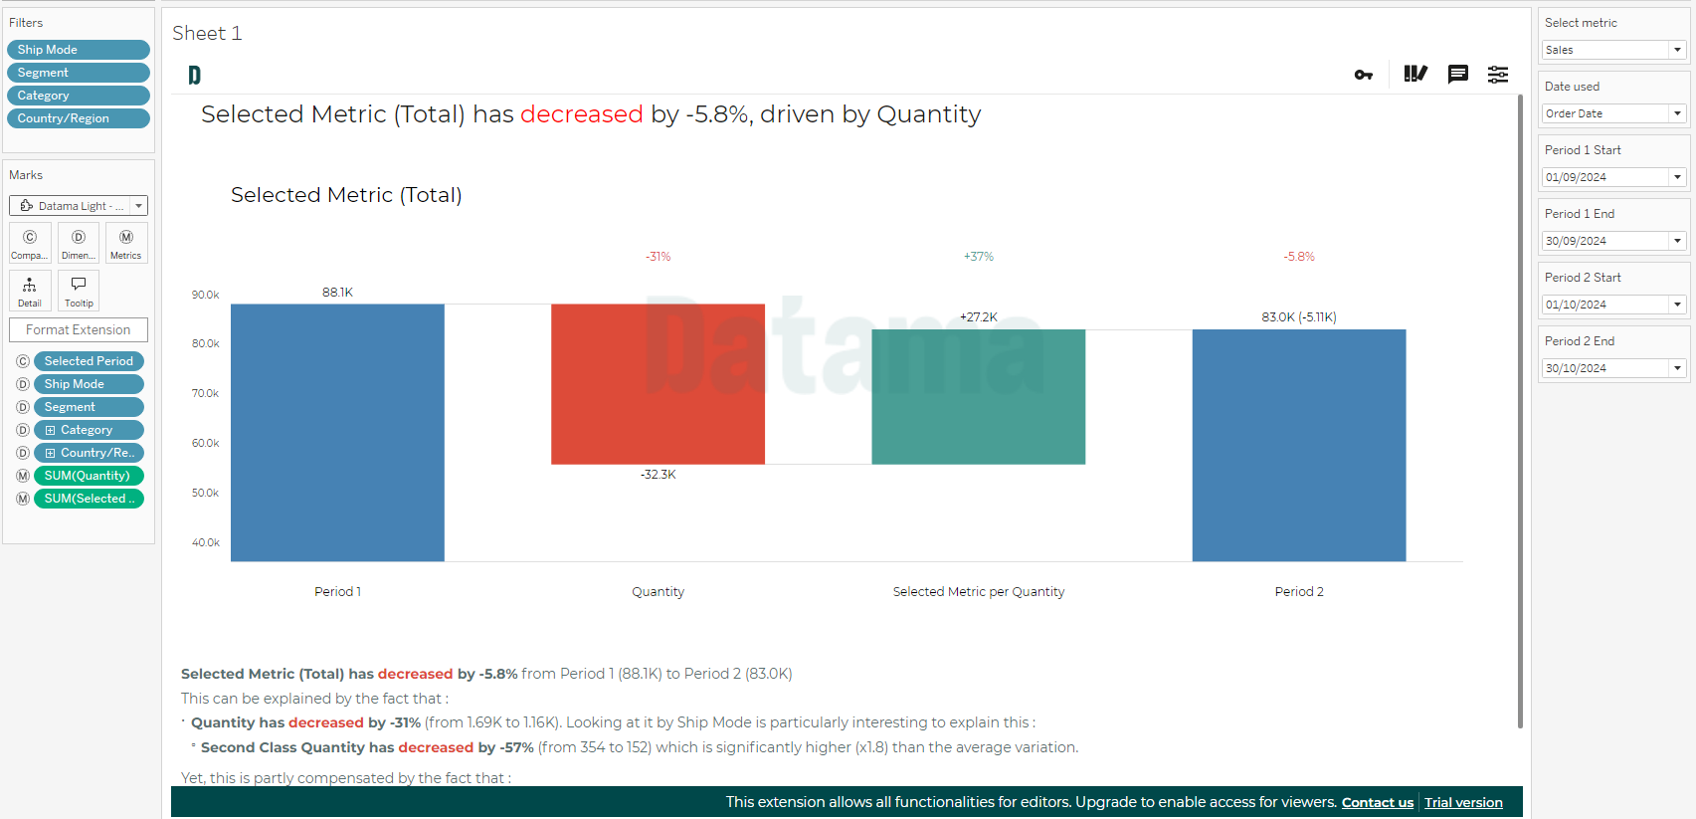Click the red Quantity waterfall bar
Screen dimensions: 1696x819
coord(658,384)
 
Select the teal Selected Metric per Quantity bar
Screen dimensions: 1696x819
coord(978,396)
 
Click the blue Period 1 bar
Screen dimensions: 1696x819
coord(337,433)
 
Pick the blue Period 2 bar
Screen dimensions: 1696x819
coord(1299,446)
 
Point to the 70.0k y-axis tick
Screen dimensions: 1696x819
coord(205,393)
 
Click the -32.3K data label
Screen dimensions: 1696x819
coord(658,475)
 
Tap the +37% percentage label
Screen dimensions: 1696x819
coord(978,257)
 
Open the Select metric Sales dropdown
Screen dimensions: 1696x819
coord(1612,50)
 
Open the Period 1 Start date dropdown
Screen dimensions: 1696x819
coord(1612,177)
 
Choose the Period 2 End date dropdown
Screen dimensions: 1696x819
coord(1612,368)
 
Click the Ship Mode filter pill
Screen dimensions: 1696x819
coord(79,49)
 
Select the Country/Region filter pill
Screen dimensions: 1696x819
coord(79,118)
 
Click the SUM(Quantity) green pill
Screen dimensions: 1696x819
coord(89,476)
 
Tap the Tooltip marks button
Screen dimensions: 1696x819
coord(79,291)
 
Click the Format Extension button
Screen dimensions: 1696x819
coord(79,330)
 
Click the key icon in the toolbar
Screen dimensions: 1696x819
coord(1363,75)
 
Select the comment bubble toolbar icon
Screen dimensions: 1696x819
coord(1457,75)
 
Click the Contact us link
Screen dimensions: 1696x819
coord(1378,802)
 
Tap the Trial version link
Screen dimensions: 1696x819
coord(1463,802)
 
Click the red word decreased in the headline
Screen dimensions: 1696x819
coord(582,114)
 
